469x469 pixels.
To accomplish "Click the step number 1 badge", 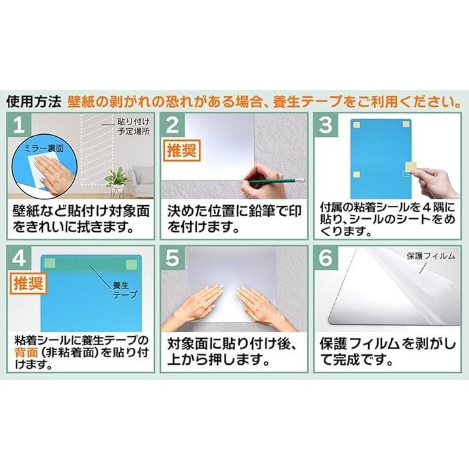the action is [x=19, y=124].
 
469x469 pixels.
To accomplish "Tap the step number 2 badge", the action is [x=172, y=124].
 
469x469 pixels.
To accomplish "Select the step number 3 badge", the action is [x=326, y=124].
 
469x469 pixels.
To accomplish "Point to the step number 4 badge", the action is [x=19, y=258].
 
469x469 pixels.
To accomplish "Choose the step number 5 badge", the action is [x=172, y=258].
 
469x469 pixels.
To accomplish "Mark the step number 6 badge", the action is [x=326, y=258].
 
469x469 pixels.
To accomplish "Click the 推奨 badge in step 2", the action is [x=182, y=150].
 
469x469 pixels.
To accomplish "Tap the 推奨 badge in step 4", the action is [x=29, y=283].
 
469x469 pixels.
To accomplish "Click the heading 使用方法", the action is [x=34, y=102].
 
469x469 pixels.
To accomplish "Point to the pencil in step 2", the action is [x=274, y=180].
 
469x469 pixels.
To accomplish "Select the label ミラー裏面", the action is [x=44, y=148].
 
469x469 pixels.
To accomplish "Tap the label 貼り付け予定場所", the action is [x=134, y=126].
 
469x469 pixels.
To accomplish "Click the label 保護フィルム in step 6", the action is [x=431, y=256].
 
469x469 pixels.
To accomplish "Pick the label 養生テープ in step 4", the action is [x=125, y=290].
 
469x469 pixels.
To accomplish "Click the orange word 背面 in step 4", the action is [x=26, y=352].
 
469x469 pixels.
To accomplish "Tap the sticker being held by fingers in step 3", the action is [x=410, y=167].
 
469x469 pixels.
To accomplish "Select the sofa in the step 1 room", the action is [x=143, y=181].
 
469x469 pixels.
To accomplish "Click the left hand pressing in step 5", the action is [x=192, y=309].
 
